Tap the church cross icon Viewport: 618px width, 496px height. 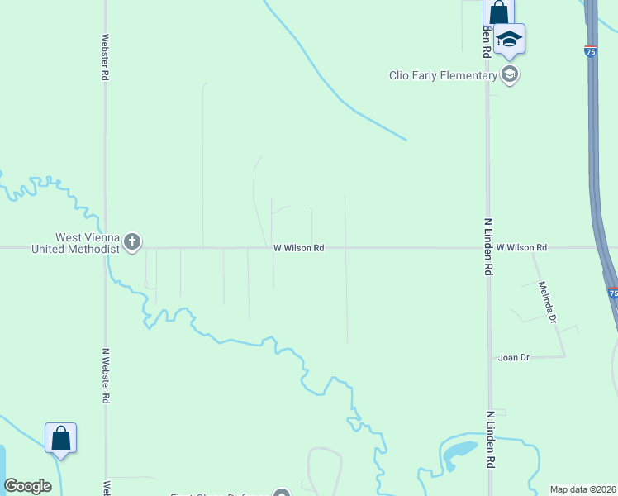point(132,242)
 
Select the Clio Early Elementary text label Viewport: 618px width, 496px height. point(443,75)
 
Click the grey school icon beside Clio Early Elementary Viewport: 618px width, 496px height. point(510,75)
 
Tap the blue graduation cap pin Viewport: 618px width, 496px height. point(510,40)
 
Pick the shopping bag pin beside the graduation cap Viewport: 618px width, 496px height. point(498,13)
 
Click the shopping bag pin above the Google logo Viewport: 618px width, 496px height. point(61,438)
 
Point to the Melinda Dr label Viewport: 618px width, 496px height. point(544,303)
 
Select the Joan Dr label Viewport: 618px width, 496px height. point(513,357)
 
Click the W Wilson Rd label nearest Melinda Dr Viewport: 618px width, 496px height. point(521,247)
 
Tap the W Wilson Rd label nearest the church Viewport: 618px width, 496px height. point(298,247)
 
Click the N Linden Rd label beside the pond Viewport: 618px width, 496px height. point(489,441)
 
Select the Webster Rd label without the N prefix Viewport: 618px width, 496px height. point(105,57)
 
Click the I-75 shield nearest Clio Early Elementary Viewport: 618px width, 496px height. point(590,51)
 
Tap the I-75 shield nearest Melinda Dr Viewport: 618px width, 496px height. point(612,293)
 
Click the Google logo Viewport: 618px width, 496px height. point(27,486)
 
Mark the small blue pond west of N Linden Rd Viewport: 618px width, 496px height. point(459,451)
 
